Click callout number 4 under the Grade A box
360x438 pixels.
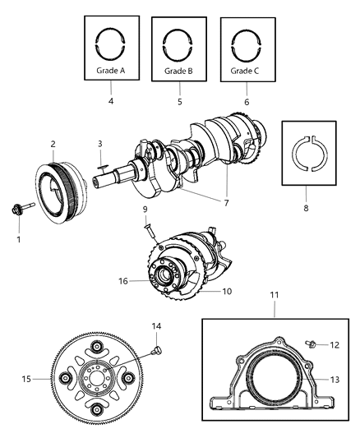point(110,103)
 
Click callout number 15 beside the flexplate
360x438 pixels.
point(27,380)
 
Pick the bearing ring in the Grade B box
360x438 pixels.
point(178,40)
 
